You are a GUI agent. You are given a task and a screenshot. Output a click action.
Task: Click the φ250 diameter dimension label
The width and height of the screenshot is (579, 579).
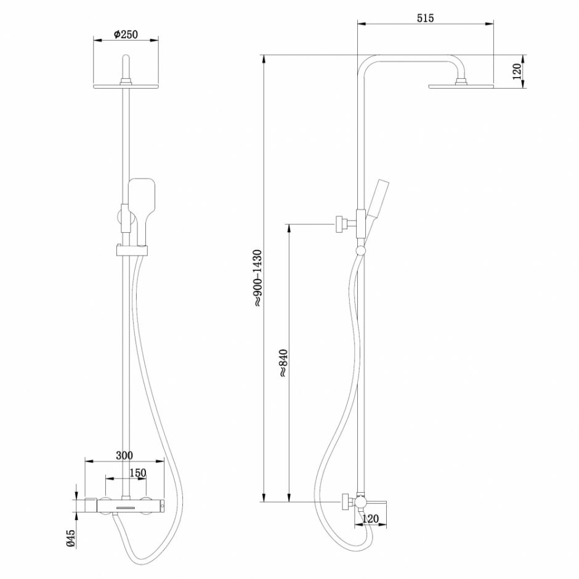tap(126, 35)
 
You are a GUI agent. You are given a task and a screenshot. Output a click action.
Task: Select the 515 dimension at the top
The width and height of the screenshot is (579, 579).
tap(426, 18)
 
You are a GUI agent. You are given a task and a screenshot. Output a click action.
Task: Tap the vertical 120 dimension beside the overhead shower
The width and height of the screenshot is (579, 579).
tap(517, 71)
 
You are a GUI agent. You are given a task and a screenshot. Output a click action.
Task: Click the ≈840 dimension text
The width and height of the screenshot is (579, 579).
tap(283, 363)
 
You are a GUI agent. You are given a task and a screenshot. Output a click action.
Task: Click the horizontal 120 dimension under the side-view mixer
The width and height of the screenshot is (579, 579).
tap(371, 519)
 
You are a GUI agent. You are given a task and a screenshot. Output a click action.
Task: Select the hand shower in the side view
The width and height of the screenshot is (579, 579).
tap(373, 203)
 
